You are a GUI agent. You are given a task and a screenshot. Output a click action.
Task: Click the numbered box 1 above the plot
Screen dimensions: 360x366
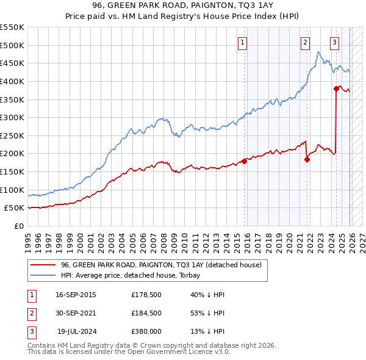tap(243, 42)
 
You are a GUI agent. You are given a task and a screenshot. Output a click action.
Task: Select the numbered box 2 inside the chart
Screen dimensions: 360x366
tap(305, 42)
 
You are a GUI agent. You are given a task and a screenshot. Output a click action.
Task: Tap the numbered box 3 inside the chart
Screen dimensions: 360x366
tap(335, 42)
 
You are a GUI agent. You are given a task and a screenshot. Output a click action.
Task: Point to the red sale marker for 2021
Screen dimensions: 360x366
tap(307, 159)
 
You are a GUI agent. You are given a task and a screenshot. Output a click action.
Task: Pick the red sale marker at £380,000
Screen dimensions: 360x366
tap(336, 88)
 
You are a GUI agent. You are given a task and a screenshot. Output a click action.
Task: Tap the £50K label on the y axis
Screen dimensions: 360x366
tap(15, 208)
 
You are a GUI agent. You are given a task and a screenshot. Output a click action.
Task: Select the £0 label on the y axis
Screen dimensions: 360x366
tap(19, 226)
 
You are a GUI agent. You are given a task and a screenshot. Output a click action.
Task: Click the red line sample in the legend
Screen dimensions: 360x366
tap(43, 265)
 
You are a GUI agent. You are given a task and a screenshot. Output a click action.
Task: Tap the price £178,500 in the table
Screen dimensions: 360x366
tap(146, 295)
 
